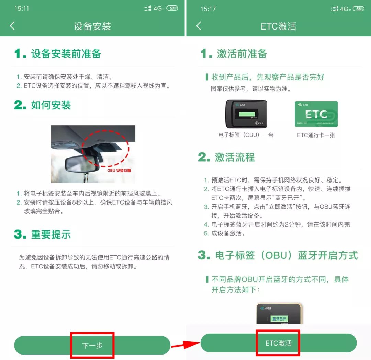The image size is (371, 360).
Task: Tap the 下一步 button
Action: pyautogui.click(x=92, y=345)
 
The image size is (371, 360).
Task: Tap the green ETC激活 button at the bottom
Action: pyautogui.click(x=279, y=343)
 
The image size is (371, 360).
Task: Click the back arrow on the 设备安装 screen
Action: pyautogui.click(x=12, y=26)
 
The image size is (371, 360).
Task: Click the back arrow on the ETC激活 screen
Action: pyautogui.click(x=199, y=26)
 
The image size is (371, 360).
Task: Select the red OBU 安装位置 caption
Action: pyautogui.click(x=119, y=170)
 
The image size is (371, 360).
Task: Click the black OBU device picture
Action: pyautogui.click(x=246, y=114)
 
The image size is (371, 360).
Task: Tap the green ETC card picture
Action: pyautogui.click(x=316, y=114)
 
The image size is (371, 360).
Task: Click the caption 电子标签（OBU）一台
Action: pyautogui.click(x=246, y=135)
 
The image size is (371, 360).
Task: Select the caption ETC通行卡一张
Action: pyautogui.click(x=316, y=135)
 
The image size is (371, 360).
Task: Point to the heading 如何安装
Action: pyautogui.click(x=51, y=105)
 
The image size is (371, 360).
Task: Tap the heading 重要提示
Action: pyautogui.click(x=51, y=234)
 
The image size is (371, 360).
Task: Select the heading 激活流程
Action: pyautogui.click(x=235, y=158)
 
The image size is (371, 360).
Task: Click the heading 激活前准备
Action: pyautogui.click(x=242, y=54)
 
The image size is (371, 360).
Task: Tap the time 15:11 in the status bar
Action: pyautogui.click(x=22, y=9)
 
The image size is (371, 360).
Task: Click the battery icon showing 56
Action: pyautogui.click(x=358, y=9)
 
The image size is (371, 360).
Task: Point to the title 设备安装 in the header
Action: pyautogui.click(x=92, y=26)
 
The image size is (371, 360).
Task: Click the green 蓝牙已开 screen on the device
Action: pyautogui.click(x=279, y=319)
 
